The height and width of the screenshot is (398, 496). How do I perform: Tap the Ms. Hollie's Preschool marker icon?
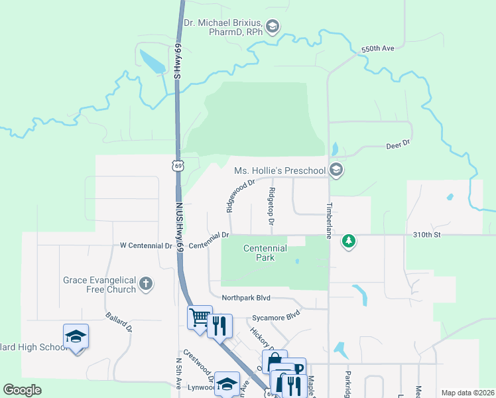click(x=336, y=170)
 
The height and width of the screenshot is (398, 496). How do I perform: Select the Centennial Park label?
click(x=265, y=253)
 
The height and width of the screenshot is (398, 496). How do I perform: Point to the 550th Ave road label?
click(x=378, y=50)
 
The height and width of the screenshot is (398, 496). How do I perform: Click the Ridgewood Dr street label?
click(x=240, y=195)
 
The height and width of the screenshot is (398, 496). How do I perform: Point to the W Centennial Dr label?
click(x=142, y=245)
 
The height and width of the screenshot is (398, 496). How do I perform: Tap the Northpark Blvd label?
click(x=247, y=298)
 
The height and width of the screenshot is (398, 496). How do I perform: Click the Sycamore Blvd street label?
click(x=275, y=317)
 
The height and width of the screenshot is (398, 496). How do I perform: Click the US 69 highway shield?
click(x=178, y=165)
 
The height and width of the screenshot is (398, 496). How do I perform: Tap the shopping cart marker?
click(x=199, y=317)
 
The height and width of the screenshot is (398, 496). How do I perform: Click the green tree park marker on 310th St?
click(x=349, y=240)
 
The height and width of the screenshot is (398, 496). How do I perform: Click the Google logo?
click(x=22, y=390)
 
